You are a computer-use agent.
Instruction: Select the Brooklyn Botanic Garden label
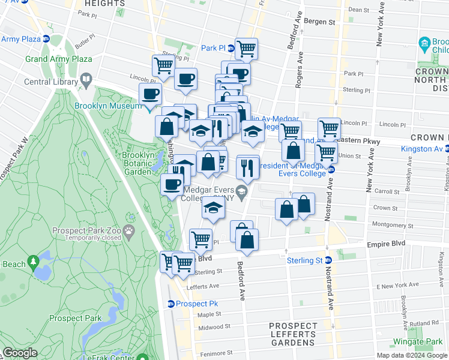139,163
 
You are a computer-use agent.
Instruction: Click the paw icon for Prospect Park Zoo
129,230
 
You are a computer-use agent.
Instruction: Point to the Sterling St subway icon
328,260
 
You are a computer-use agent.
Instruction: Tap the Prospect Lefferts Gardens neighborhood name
293,334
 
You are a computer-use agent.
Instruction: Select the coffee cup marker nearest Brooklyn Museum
150,94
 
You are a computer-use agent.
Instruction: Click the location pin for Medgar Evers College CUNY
241,193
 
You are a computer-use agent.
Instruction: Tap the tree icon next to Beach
34,262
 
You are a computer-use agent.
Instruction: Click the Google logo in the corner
20,353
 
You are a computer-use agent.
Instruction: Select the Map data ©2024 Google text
411,355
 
